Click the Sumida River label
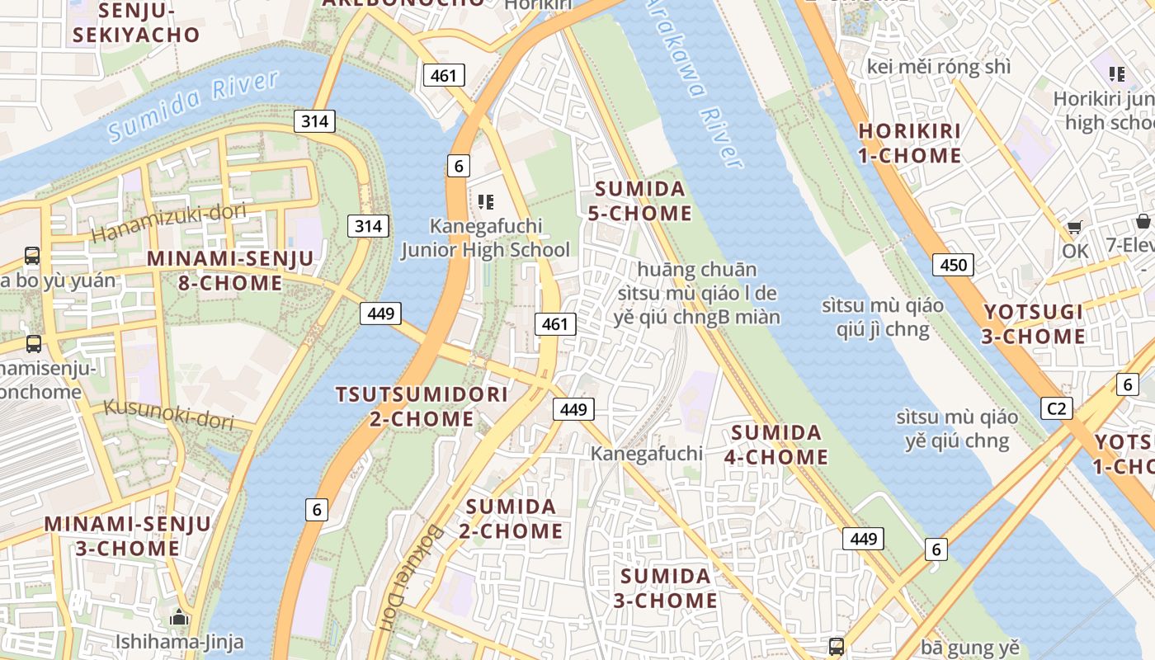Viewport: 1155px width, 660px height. pos(193,106)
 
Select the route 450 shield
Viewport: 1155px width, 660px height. pos(953,265)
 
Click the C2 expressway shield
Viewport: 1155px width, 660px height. pos(1056,408)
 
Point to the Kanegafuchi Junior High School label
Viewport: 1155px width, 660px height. pos(485,238)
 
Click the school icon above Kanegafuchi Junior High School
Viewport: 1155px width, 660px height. pos(485,201)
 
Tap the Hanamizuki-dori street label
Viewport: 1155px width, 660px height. pos(168,222)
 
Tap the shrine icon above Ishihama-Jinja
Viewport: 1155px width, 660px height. pos(179,617)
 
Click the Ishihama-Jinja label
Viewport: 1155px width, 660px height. pos(179,641)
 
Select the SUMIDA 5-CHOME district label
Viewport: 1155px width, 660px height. pos(639,201)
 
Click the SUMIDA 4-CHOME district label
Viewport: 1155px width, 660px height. pos(775,445)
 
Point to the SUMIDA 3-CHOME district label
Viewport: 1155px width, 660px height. pos(665,588)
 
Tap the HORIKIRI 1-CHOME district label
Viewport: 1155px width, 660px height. pos(910,144)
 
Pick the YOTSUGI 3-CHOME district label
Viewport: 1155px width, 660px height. pos(1034,324)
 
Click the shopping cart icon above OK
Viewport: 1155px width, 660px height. pos(1074,227)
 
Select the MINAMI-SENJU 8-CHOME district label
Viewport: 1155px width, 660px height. pos(230,271)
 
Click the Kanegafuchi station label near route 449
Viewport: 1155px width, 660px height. pos(647,453)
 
